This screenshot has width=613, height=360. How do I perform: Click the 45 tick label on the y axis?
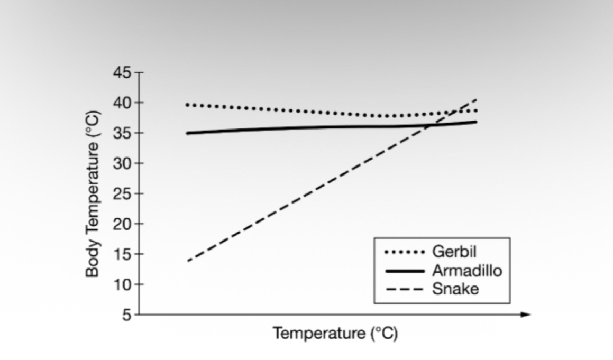tap(122, 72)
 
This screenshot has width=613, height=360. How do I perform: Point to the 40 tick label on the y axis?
tap(122, 103)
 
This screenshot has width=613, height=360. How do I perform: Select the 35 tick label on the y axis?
tap(122, 133)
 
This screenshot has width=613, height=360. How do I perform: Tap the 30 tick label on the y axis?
tap(122, 163)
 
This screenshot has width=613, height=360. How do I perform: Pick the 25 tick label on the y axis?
tap(122, 193)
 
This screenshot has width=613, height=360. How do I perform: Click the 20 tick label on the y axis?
tap(122, 224)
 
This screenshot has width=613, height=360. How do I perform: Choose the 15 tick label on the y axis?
tap(122, 254)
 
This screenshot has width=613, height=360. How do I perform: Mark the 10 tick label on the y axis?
tap(122, 284)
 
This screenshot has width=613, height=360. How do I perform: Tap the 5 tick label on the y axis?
tap(127, 315)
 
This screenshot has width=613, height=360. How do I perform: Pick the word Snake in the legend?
tap(455, 289)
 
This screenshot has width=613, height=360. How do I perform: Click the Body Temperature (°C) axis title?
tap(93, 194)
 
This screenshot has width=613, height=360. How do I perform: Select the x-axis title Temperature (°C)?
tap(335, 334)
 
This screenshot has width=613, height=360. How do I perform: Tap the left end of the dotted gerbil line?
tap(188, 105)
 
